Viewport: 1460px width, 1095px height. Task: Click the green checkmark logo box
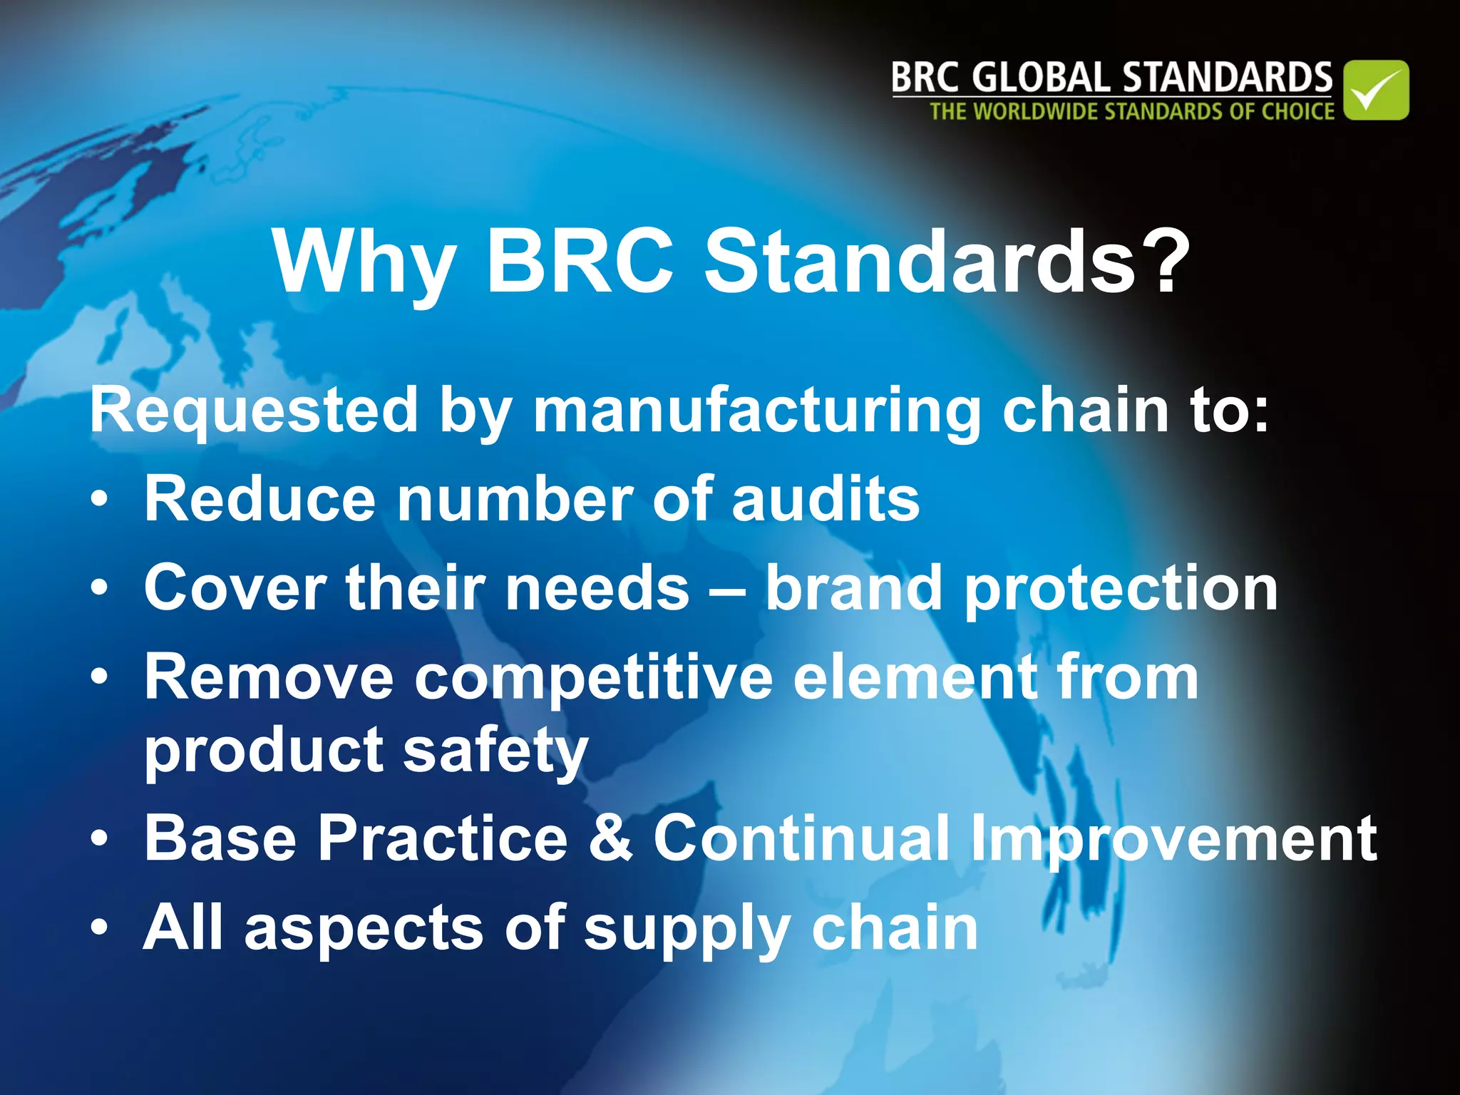(1376, 90)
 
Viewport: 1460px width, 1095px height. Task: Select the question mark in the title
(1167, 262)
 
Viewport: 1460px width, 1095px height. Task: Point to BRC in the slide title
(580, 262)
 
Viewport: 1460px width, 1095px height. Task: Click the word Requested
(253, 412)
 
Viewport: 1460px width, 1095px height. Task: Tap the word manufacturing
(757, 412)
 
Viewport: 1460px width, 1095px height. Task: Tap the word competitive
(593, 678)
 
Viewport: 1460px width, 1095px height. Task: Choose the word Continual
(802, 838)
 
